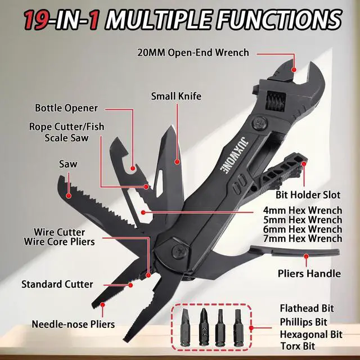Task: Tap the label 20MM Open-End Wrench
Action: [x=193, y=53]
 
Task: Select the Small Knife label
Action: [x=175, y=96]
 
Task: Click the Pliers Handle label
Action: [x=309, y=274]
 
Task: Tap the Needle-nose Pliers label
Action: [x=73, y=324]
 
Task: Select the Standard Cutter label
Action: [x=57, y=284]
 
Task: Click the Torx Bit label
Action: [x=299, y=346]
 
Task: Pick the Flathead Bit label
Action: [x=307, y=308]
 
